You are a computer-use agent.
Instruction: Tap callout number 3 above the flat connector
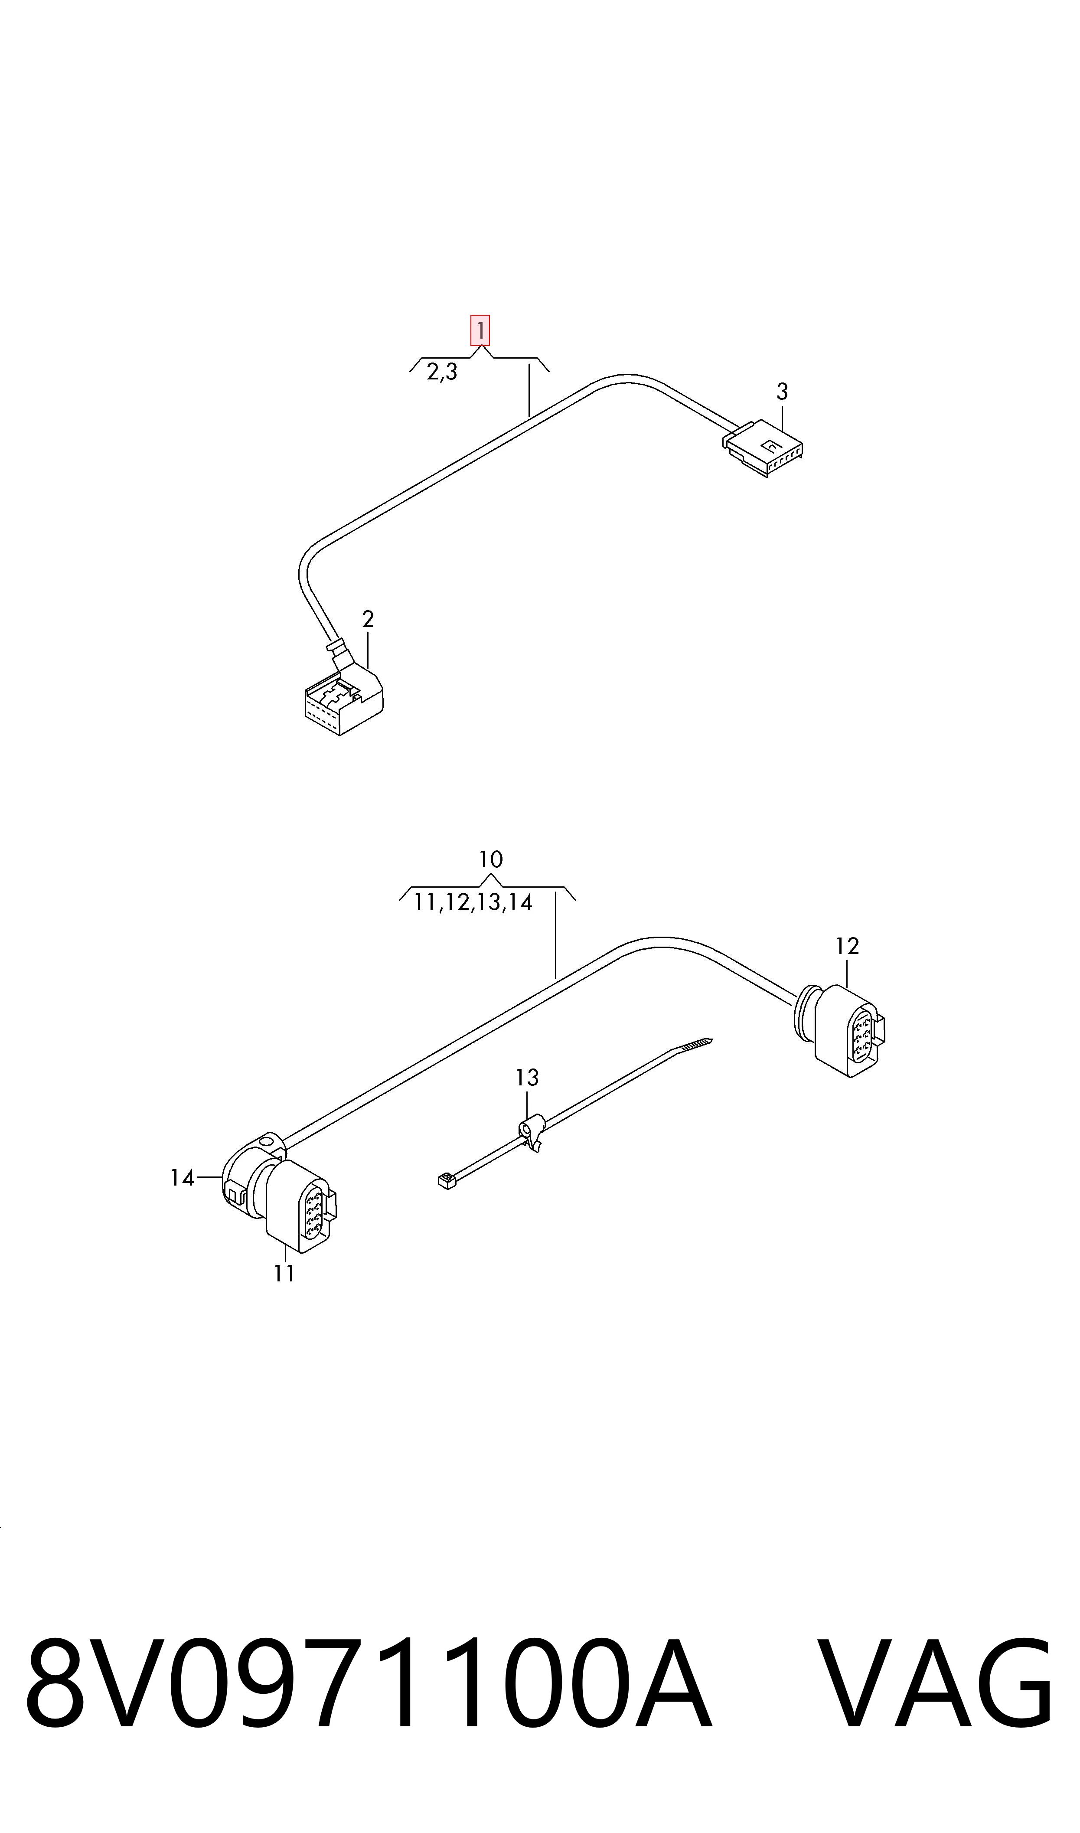pos(782,392)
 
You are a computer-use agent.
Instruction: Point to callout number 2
pos(368,620)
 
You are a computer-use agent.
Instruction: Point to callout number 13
pos(528,1078)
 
